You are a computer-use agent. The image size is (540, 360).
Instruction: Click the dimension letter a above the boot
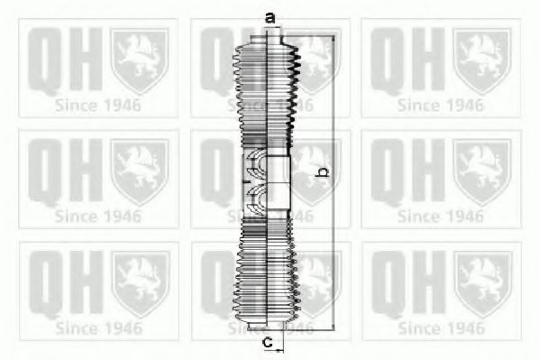point(270,17)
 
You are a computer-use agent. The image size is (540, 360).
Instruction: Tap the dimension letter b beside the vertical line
point(322,172)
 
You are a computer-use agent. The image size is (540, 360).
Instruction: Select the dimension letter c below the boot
point(268,342)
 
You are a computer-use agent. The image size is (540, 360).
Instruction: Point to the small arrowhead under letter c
point(279,351)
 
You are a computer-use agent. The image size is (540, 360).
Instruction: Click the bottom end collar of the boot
point(266,325)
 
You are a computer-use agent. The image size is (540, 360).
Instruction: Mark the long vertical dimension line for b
point(333,182)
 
